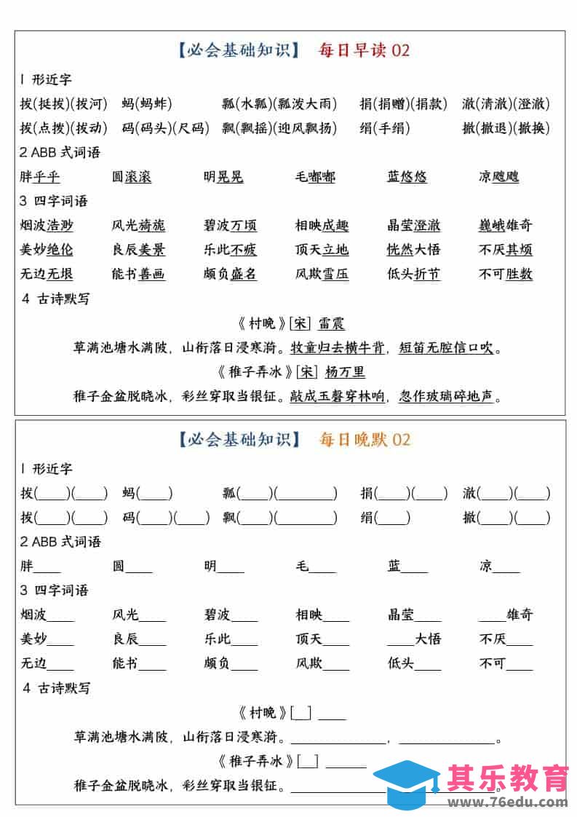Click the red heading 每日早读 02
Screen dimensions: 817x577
364,50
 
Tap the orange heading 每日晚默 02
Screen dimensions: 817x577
364,440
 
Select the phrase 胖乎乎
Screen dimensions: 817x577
40,177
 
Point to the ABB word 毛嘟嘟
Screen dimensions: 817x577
315,177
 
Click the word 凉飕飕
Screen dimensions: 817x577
498,177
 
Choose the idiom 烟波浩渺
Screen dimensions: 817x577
47,226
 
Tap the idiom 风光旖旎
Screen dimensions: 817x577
138,226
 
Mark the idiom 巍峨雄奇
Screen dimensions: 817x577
506,226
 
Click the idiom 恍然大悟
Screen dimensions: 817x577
413,250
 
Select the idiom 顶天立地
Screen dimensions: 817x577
322,250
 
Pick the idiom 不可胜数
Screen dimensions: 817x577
506,275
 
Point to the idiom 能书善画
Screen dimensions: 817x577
138,275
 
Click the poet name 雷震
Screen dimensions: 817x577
331,324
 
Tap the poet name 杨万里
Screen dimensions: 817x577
345,372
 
